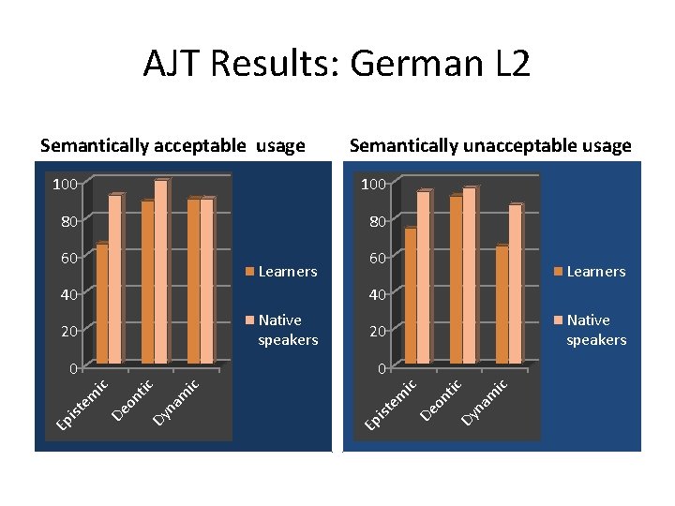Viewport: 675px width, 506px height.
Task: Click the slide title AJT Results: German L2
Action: (337, 65)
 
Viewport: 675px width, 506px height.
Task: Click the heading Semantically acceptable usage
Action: (172, 145)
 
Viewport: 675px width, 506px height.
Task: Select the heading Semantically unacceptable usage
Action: (489, 145)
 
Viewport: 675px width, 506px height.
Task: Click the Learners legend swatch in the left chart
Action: (249, 272)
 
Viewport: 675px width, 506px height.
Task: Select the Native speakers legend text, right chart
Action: (595, 330)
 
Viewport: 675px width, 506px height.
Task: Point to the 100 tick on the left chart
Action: (65, 185)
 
